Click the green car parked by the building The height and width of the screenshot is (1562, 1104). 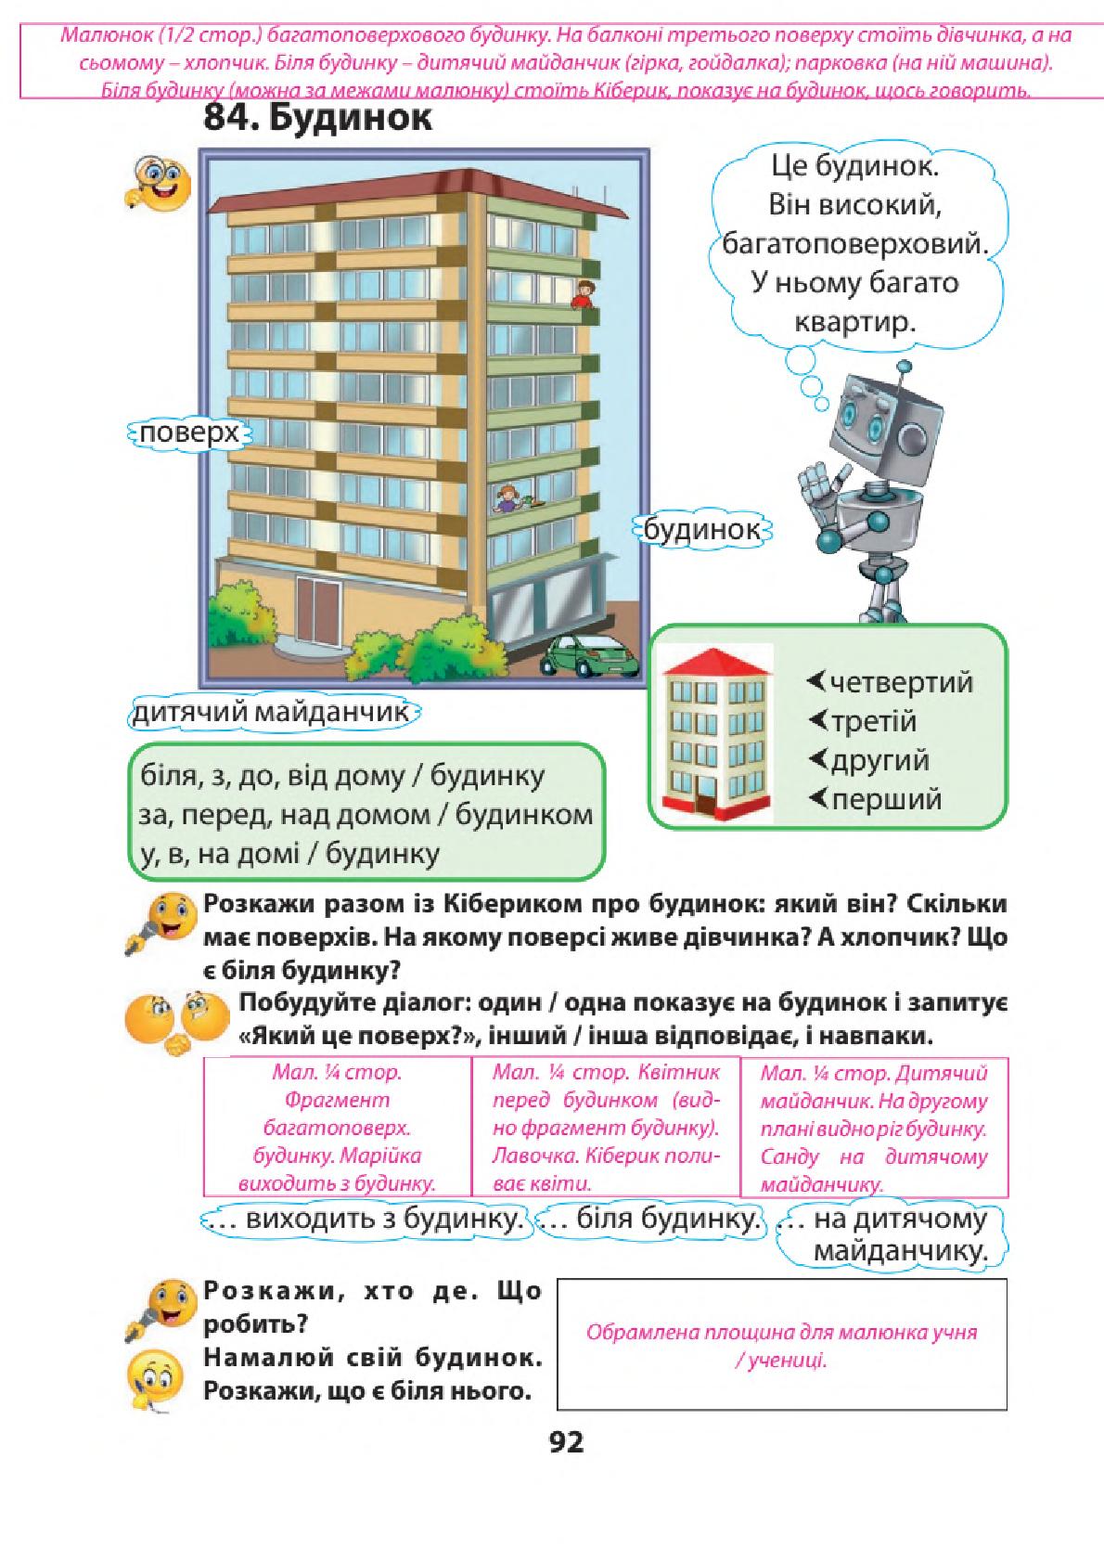click(590, 655)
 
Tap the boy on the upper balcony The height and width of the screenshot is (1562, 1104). click(584, 294)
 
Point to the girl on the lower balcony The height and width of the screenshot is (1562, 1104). click(507, 498)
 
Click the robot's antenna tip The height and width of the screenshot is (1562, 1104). click(905, 366)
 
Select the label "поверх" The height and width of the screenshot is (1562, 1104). click(189, 433)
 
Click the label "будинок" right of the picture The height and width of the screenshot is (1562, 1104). click(702, 531)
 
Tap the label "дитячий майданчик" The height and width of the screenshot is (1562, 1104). click(273, 713)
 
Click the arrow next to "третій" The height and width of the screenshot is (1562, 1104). click(816, 720)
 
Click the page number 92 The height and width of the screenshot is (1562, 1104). click(567, 1441)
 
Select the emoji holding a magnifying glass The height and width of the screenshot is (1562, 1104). click(158, 184)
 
